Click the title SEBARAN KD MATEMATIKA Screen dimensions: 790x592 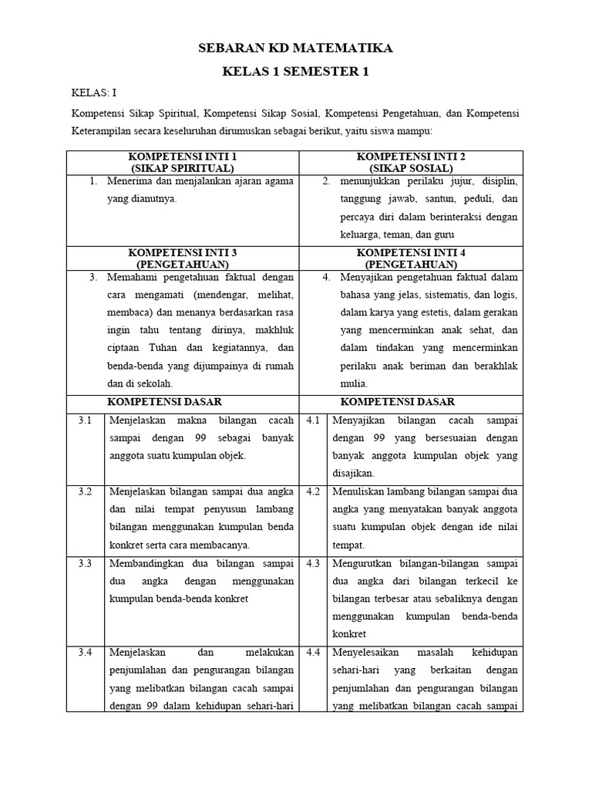[296, 48]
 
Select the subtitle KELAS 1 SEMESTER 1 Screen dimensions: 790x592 [296, 72]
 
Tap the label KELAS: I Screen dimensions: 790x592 [94, 93]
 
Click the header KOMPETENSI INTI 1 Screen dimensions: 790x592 [183, 157]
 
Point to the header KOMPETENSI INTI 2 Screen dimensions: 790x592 [411, 157]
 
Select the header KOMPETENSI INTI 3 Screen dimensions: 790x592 [183, 252]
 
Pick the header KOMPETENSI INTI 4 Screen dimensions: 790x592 [411, 252]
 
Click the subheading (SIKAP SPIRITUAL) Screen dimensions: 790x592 [183, 167]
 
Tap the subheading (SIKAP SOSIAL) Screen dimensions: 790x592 [411, 167]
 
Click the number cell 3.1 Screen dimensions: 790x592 [85, 420]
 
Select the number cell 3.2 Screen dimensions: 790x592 [85, 491]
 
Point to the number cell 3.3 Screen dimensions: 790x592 [85, 563]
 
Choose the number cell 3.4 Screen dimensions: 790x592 [85, 653]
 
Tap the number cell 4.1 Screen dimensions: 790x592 [313, 420]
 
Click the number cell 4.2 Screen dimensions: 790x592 [313, 491]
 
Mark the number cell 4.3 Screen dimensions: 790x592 [313, 563]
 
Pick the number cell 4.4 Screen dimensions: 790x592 [313, 653]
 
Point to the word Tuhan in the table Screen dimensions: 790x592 [166, 348]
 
